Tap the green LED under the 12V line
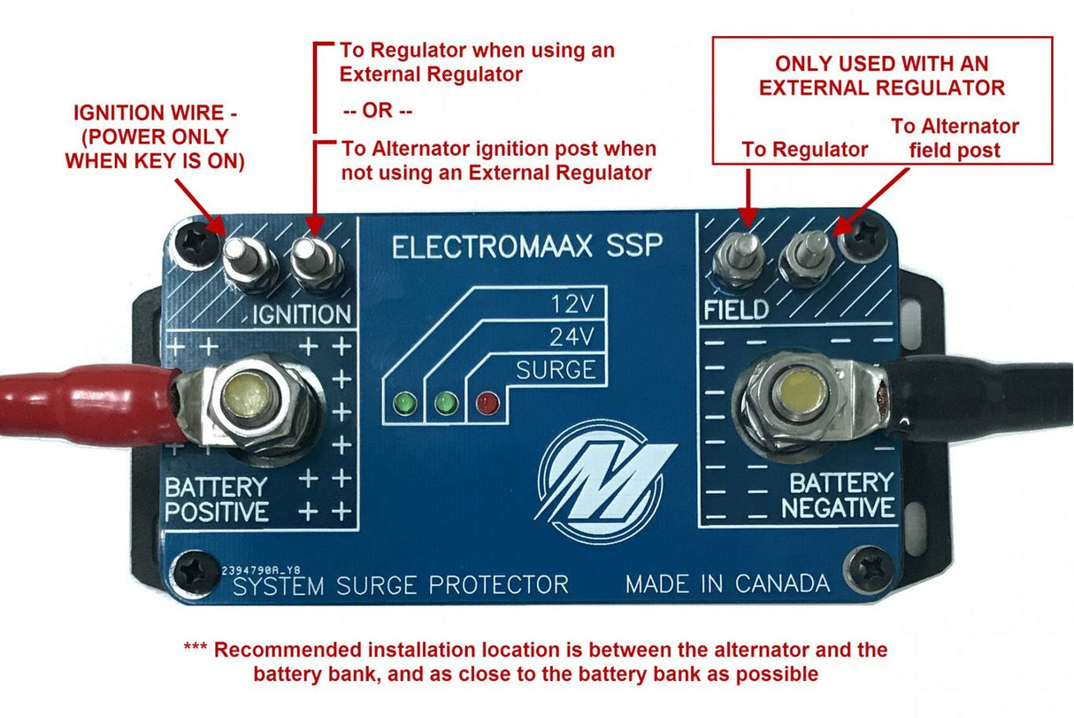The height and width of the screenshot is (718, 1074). [x=407, y=405]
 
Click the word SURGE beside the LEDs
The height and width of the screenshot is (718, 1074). [x=556, y=369]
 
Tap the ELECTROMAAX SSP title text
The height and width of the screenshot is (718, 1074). [x=526, y=246]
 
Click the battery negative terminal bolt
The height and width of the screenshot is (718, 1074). [x=791, y=391]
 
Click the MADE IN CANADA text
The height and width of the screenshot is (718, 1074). [x=727, y=584]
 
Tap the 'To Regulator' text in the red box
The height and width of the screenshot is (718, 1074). [x=805, y=151]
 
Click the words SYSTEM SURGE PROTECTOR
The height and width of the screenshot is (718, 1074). [x=400, y=585]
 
